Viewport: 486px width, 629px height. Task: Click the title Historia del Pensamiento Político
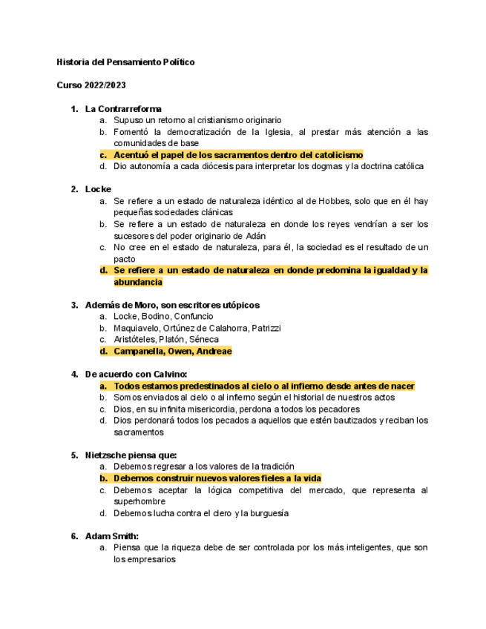(x=125, y=62)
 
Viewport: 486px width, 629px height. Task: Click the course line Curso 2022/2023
(x=91, y=85)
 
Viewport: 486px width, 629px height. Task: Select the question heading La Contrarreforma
(x=123, y=109)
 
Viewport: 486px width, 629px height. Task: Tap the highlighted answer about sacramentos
(x=238, y=155)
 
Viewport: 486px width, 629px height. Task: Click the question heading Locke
(x=98, y=189)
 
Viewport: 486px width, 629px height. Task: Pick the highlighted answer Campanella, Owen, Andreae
(x=172, y=352)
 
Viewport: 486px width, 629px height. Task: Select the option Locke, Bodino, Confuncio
(x=163, y=317)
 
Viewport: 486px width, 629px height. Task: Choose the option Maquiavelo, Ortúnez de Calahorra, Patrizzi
(x=197, y=328)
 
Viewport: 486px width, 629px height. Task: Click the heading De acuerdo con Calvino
(x=137, y=375)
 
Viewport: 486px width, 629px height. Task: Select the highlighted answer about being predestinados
(x=263, y=386)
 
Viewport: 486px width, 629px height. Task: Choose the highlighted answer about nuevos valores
(x=217, y=478)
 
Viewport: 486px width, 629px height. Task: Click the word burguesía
(x=266, y=513)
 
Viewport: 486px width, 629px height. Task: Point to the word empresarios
(x=151, y=560)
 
